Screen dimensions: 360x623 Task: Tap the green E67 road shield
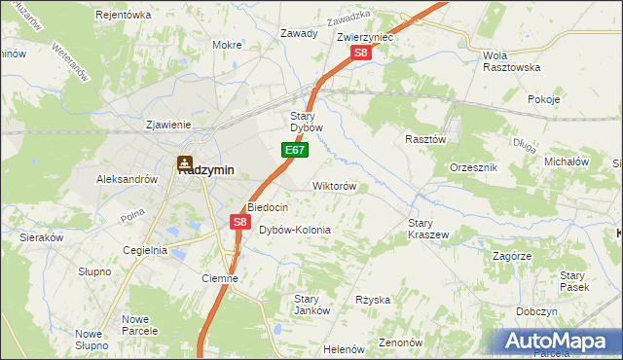coord(297,150)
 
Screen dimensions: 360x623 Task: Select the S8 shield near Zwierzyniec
coord(361,54)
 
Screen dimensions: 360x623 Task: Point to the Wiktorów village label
coord(334,185)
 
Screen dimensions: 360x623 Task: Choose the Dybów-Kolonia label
coord(294,230)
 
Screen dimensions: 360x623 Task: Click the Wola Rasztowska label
coord(511,61)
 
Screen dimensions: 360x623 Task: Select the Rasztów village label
coord(425,139)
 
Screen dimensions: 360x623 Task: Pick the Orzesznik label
coord(474,167)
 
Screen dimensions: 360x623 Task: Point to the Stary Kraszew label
coord(427,229)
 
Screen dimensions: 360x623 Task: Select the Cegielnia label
coord(145,250)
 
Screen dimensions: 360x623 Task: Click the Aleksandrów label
coord(127,179)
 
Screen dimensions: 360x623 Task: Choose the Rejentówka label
coord(124,15)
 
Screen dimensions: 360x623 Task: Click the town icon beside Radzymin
coord(184,166)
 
